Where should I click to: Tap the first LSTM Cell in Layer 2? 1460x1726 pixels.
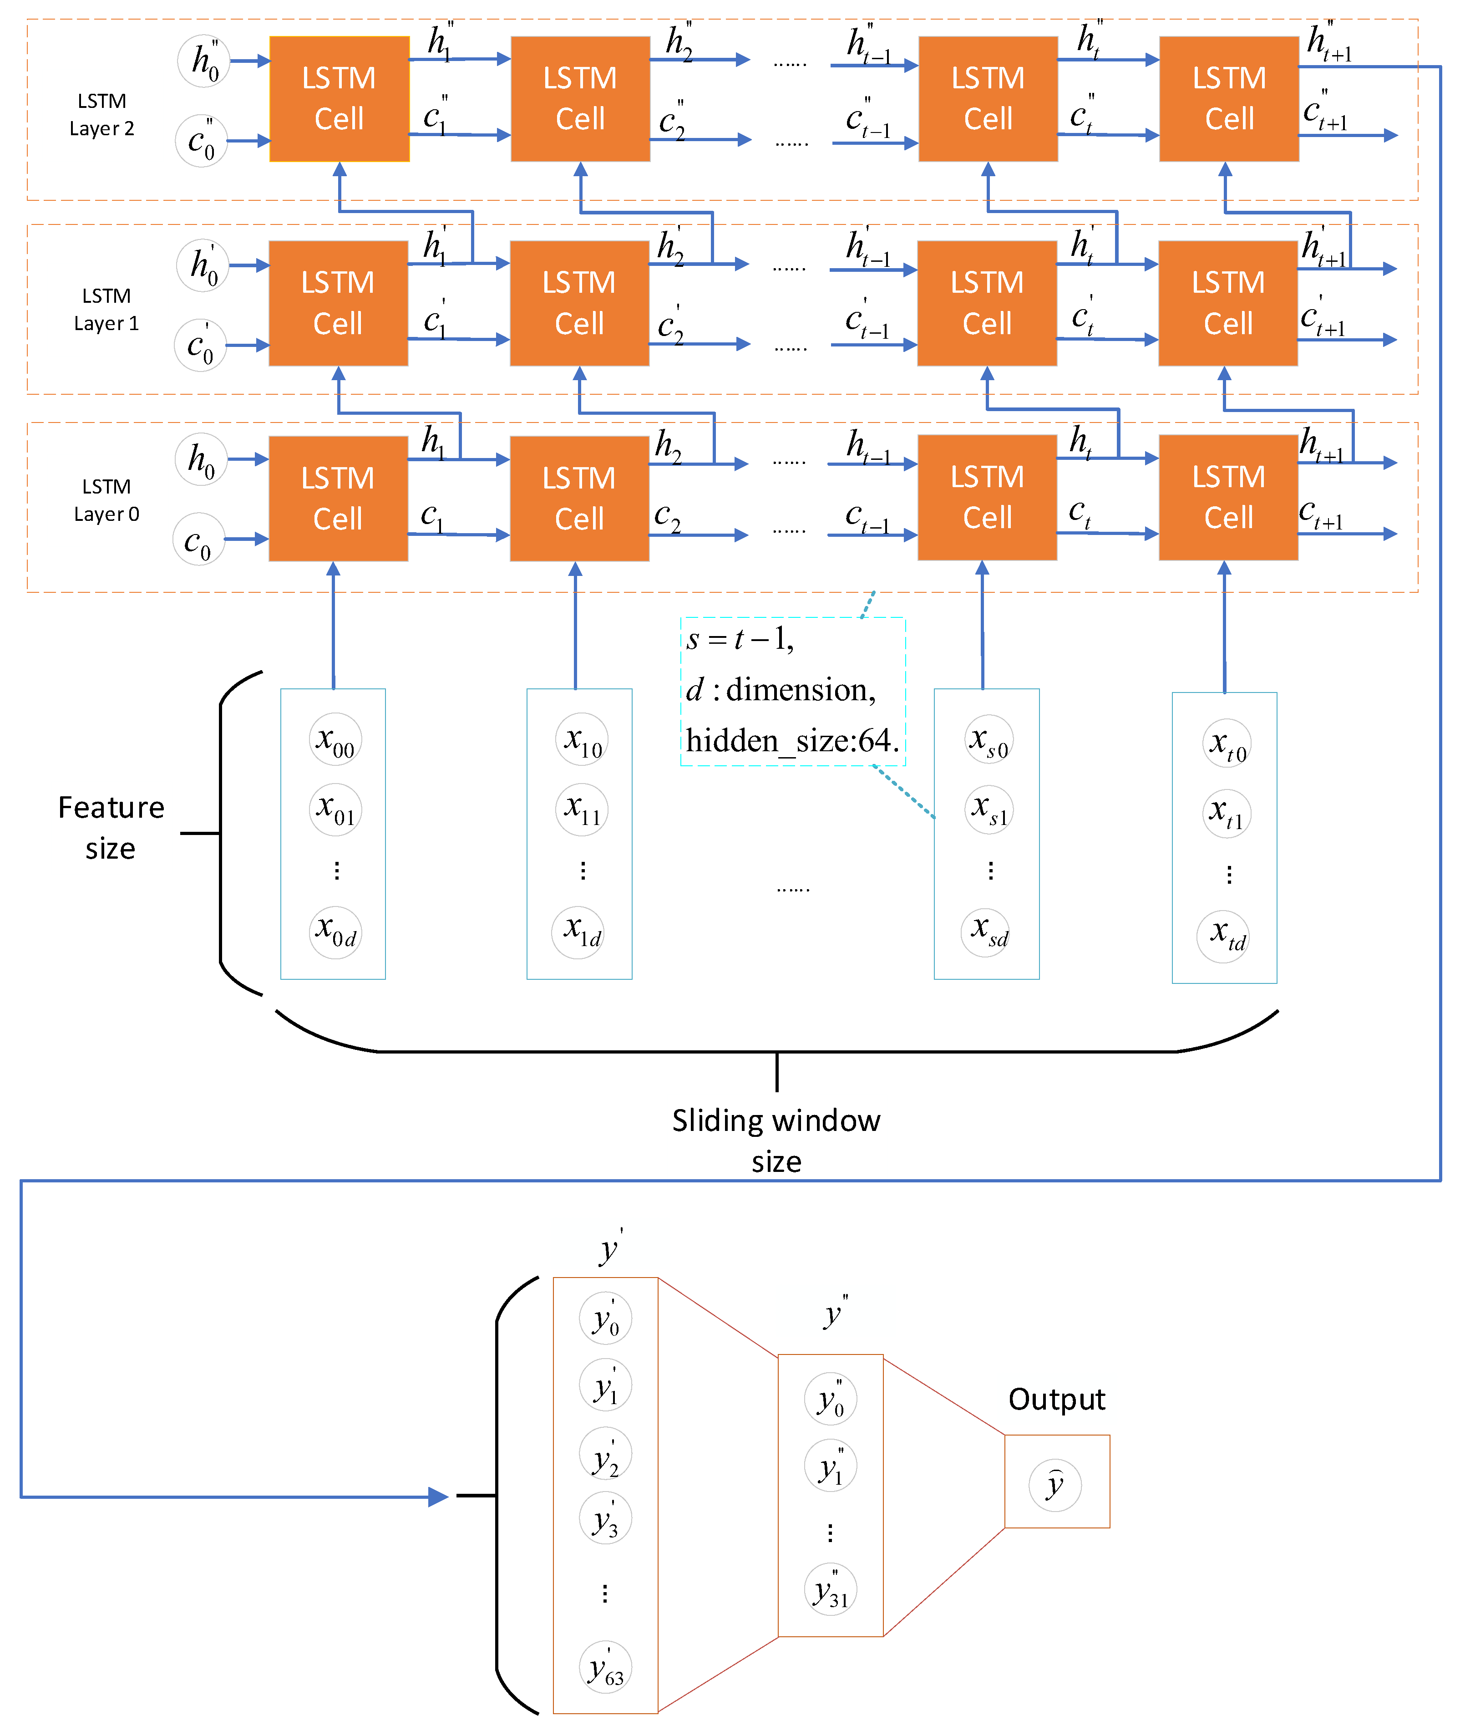coord(340,98)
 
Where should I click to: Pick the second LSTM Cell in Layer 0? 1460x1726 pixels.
coord(579,499)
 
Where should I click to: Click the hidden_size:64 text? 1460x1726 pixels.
coord(792,740)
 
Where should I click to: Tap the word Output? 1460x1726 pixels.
coord(1056,1399)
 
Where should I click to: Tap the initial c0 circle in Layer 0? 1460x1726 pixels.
coord(198,540)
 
